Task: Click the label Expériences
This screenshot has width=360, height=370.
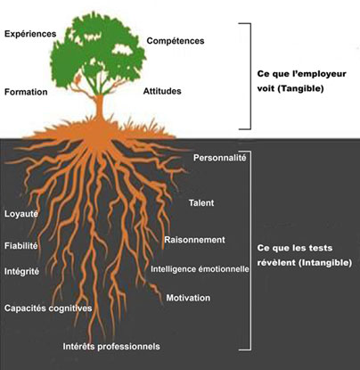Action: point(30,34)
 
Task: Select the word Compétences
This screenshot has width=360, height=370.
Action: point(176,41)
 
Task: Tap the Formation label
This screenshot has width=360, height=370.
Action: point(26,92)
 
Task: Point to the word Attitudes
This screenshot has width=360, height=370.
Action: point(162,91)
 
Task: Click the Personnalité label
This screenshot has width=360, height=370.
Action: point(220,158)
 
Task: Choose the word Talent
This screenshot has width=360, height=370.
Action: point(201,202)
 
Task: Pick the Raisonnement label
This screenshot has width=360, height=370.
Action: point(195,240)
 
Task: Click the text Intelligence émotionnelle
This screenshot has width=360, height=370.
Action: point(200,269)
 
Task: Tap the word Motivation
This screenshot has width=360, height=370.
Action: point(188,298)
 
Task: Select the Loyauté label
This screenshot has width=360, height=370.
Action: point(21,213)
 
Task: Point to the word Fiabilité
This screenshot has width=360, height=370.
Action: point(21,246)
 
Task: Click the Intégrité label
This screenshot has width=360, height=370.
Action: point(21,271)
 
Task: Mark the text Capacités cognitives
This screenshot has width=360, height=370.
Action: point(48,308)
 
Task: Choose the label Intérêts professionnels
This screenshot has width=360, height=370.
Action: point(111,346)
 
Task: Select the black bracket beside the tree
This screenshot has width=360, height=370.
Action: point(250,76)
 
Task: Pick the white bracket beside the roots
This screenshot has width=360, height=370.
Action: point(250,251)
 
